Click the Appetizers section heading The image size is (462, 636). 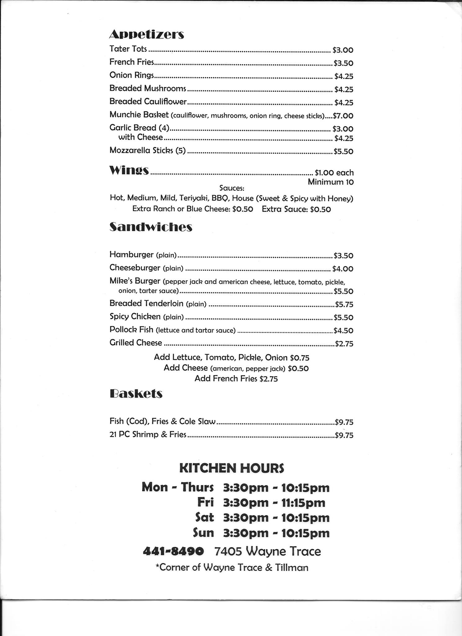[146, 34]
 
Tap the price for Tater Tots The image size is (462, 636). [343, 50]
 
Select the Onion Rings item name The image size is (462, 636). [132, 75]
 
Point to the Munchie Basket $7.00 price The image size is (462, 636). [343, 116]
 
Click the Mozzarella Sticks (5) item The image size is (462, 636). [147, 151]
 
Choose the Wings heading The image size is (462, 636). [129, 170]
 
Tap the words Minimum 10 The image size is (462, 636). [330, 182]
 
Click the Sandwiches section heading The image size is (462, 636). [151, 227]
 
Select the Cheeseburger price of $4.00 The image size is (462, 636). [343, 269]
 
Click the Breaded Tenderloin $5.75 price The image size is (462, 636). [344, 304]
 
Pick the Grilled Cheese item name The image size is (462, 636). [136, 343]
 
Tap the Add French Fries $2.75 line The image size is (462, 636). [236, 379]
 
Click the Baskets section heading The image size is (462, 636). [136, 394]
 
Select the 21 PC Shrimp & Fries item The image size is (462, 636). [148, 434]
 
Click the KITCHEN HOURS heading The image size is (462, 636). [231, 468]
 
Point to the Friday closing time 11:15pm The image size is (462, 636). [303, 503]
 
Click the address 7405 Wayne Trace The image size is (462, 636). [267, 552]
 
